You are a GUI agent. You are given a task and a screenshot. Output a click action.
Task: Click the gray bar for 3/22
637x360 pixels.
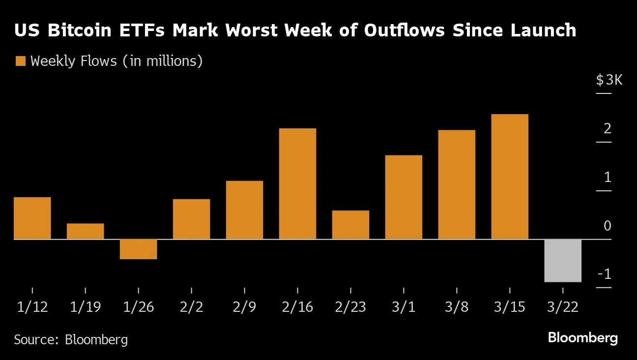[563, 261]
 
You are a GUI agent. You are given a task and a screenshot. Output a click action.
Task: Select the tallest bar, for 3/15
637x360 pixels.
[510, 177]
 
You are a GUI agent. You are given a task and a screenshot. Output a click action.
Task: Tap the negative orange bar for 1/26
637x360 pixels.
[138, 249]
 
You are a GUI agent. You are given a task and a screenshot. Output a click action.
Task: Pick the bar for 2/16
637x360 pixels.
[297, 183]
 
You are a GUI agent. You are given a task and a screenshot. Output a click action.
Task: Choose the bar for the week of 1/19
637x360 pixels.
[85, 231]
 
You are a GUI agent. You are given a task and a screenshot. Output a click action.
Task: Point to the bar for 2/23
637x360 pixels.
[350, 225]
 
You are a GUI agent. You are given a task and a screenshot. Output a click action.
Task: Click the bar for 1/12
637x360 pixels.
[32, 218]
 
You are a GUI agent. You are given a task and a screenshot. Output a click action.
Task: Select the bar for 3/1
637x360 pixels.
[404, 197]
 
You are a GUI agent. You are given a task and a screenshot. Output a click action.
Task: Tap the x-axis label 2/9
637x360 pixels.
[245, 307]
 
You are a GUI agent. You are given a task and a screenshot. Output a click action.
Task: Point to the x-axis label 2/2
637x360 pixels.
[191, 307]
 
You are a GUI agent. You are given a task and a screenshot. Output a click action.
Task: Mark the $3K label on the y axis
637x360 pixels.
[609, 80]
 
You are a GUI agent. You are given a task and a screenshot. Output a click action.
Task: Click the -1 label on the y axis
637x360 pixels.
[604, 274]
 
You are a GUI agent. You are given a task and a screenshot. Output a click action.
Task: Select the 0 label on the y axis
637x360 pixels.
[608, 226]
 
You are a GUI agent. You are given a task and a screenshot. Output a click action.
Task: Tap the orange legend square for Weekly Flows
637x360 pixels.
[20, 61]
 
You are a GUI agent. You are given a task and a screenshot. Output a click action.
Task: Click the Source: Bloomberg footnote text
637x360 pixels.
[71, 339]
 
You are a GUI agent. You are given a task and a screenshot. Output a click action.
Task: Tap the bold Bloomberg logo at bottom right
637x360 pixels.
[582, 338]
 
